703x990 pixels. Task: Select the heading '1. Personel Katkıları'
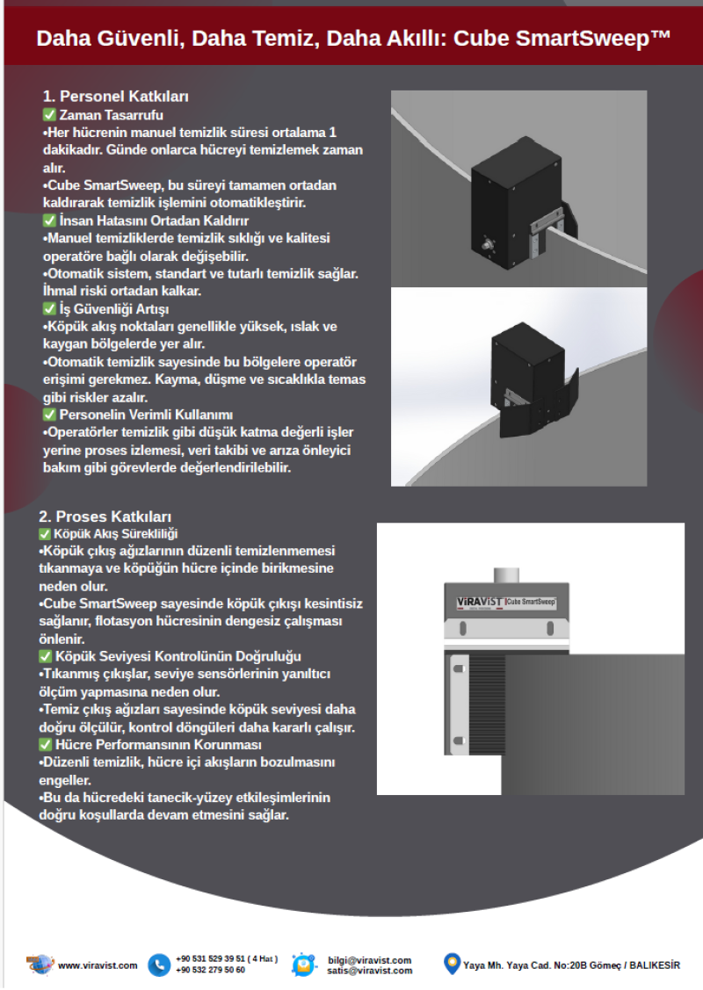click(116, 97)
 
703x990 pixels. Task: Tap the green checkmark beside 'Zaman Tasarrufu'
click(49, 115)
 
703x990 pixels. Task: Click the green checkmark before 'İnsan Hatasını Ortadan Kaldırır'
click(49, 220)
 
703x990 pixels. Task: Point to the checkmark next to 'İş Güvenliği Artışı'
click(49, 309)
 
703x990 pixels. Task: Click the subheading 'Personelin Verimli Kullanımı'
click(145, 415)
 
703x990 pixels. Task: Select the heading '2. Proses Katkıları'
click(105, 516)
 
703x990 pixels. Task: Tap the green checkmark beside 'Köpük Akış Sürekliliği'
click(45, 533)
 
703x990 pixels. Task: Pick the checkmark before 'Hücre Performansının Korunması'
click(45, 745)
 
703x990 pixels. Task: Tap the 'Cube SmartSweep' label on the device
click(530, 602)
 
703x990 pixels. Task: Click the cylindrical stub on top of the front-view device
click(505, 574)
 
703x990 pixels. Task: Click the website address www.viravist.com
click(98, 965)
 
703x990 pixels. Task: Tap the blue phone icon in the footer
click(159, 965)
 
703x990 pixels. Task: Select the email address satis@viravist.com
click(369, 971)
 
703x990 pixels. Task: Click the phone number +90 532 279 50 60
click(211, 971)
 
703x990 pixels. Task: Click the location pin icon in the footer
click(452, 964)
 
